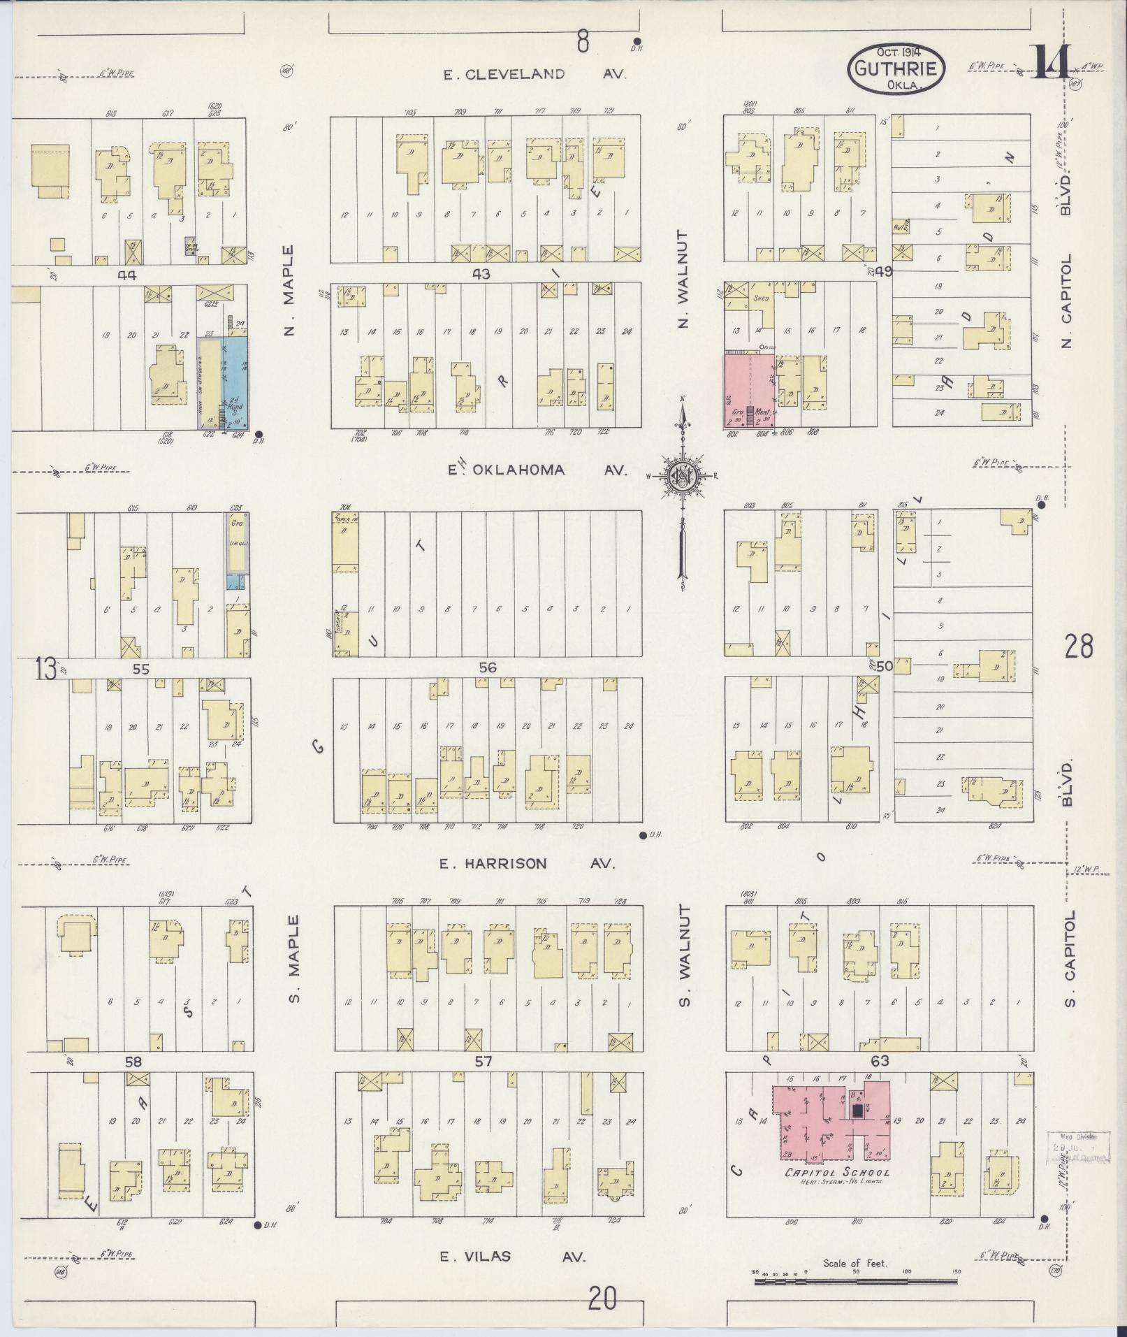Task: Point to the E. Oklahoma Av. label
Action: coord(538,470)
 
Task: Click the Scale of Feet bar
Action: coord(855,1281)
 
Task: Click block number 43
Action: coord(481,275)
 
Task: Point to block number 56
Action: coord(488,668)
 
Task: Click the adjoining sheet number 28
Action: coord(1079,646)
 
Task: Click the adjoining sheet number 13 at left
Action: coord(45,670)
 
